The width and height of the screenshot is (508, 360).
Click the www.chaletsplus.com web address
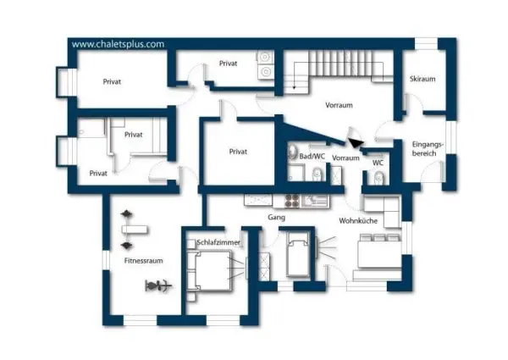click(118, 45)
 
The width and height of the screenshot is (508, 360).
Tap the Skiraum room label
click(422, 79)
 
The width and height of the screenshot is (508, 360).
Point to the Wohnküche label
click(357, 220)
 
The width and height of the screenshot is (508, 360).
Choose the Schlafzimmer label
click(218, 242)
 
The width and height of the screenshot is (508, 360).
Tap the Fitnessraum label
click(143, 261)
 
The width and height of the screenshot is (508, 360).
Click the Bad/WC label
click(312, 158)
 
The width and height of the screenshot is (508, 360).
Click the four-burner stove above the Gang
click(292, 200)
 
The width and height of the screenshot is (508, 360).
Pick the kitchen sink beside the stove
click(317, 200)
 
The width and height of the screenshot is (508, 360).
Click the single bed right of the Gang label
click(299, 253)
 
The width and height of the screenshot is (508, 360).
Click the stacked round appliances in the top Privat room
click(264, 64)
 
